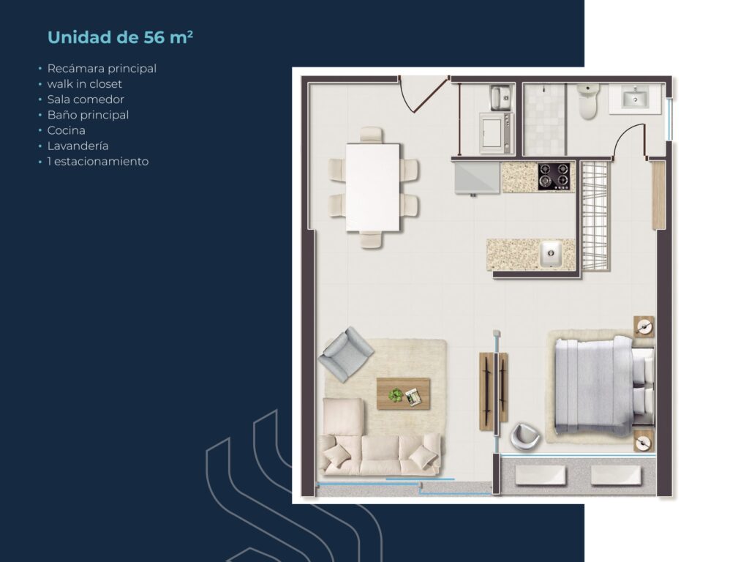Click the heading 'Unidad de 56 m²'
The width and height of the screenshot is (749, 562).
pos(120,37)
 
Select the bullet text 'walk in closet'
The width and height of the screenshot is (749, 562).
pos(85,84)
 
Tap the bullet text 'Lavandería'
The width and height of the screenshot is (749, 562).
pos(78,146)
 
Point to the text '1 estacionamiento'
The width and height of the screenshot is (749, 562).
pos(98,161)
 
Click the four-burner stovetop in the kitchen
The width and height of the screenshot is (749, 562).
pos(554,176)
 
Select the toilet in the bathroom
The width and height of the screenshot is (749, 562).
pos(588,101)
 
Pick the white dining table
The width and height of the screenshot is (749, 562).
pos(373,187)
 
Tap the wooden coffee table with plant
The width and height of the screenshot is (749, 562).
pos(403,394)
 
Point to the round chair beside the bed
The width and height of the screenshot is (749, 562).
pos(524,437)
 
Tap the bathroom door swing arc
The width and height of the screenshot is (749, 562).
pos(628,139)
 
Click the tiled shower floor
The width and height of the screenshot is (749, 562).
pos(545,119)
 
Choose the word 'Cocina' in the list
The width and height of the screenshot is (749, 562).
pos(67,130)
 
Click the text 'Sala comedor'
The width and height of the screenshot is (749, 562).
pos(86,100)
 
